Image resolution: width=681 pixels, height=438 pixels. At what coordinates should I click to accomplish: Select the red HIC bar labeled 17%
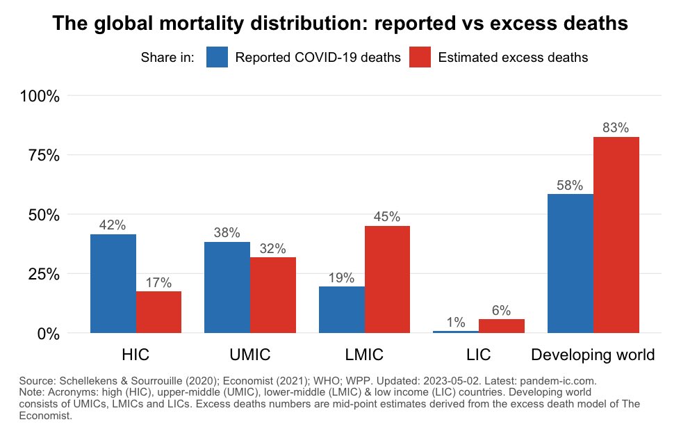[x=158, y=312]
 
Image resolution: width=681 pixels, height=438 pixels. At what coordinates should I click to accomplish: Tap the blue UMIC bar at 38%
[x=227, y=288]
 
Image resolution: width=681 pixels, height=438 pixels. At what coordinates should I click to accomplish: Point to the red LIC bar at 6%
[x=502, y=326]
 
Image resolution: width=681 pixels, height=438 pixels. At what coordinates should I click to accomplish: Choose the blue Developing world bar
[x=571, y=263]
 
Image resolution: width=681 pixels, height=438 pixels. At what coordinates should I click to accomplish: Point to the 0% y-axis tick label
[x=47, y=334]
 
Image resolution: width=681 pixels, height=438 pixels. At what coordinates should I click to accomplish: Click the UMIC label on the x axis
[x=249, y=355]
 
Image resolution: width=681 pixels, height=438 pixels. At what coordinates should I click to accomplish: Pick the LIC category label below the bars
[x=479, y=355]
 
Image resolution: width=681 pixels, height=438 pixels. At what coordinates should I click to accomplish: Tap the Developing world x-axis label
[x=593, y=355]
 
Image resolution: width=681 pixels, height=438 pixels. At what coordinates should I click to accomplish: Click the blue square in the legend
[x=218, y=57]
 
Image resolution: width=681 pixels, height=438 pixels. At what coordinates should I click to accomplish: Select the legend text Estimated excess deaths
[x=513, y=58]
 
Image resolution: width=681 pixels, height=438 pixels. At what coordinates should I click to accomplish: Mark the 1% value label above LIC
[x=456, y=322]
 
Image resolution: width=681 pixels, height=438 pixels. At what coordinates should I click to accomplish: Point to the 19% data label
[x=341, y=277]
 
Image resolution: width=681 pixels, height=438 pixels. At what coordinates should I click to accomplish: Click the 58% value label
[x=570, y=186]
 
